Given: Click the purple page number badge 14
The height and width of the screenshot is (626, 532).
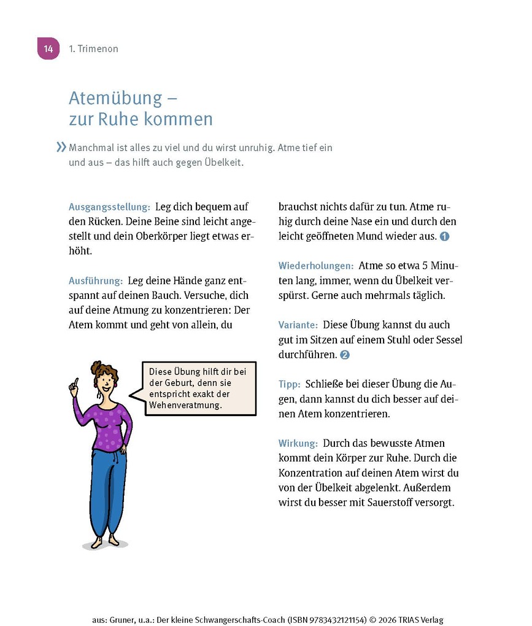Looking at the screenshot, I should pos(48,48).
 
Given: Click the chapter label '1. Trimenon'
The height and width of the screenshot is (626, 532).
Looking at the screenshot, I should pos(94,49).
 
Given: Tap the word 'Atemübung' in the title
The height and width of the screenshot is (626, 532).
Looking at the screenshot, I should pos(115,98).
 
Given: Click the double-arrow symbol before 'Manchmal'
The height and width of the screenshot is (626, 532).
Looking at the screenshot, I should pos(61,147).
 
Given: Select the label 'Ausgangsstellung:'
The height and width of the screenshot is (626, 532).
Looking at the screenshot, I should pos(109,207).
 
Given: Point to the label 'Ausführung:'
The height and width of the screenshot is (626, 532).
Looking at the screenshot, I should pos(96,280).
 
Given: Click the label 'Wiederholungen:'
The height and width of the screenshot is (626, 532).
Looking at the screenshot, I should pos(316,266).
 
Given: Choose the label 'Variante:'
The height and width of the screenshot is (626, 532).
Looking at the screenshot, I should pos(298,325).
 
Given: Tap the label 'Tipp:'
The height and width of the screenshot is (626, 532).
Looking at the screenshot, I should pos(290,384).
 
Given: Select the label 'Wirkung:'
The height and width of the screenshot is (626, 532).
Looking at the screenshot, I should pos(298,443).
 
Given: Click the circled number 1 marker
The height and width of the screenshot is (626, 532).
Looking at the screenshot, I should pos(445,236).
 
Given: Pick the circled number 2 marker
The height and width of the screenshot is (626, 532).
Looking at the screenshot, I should pos(345,355).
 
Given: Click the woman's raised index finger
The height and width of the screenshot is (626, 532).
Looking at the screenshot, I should pos(76,382).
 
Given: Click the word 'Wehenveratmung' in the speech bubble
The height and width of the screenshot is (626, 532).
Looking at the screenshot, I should pos(185,405).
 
